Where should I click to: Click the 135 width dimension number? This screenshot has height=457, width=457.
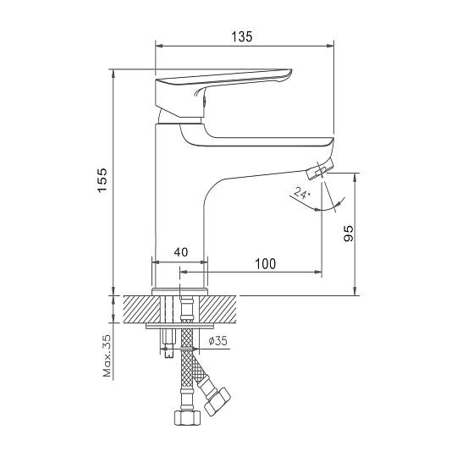tap(241, 36)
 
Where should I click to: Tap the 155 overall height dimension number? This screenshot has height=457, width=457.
tap(102, 179)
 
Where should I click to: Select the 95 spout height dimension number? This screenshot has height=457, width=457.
tap(349, 234)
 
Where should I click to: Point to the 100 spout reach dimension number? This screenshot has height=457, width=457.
tap(265, 264)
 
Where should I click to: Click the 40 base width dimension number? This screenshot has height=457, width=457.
tap(181, 252)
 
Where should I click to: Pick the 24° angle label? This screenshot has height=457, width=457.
tap(300, 193)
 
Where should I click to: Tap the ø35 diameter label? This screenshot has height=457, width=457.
tap(217, 340)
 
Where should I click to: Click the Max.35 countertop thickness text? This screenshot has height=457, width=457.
tap(107, 355)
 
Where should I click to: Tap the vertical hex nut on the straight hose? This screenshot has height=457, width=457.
tap(187, 418)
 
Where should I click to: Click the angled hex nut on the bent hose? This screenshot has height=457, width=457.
tap(217, 402)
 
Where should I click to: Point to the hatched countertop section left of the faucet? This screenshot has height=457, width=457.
tap(142, 310)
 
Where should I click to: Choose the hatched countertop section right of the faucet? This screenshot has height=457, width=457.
tap(217, 310)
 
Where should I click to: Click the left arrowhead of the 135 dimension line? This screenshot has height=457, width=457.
tap(159, 46)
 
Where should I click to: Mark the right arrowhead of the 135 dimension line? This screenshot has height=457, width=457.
tap(330, 46)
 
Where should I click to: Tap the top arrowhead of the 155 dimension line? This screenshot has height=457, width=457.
tap(113, 74)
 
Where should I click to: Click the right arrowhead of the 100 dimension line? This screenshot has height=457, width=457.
tap(318, 272)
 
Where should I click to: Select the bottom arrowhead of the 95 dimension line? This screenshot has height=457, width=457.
tap(355, 291)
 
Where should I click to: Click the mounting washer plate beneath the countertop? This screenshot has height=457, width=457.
tap(180, 326)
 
